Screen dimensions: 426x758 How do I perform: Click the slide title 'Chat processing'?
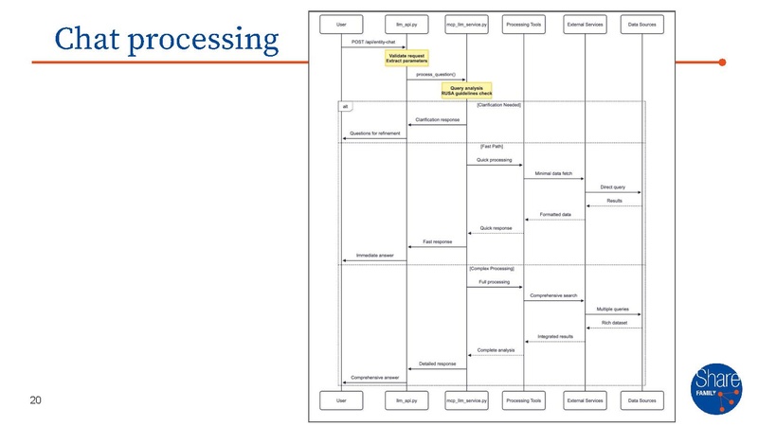click(167, 39)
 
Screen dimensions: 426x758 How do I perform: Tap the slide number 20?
click(36, 401)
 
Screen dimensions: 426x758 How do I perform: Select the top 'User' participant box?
click(349, 21)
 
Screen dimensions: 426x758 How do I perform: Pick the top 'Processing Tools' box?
click(523, 21)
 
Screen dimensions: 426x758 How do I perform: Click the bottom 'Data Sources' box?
click(641, 401)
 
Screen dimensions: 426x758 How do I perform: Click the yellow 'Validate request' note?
click(407, 59)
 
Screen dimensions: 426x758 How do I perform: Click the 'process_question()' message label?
click(436, 75)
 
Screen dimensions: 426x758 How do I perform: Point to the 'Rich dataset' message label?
click(613, 324)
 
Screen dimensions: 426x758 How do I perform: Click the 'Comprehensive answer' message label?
click(375, 377)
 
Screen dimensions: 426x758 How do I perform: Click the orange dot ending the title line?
click(722, 62)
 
